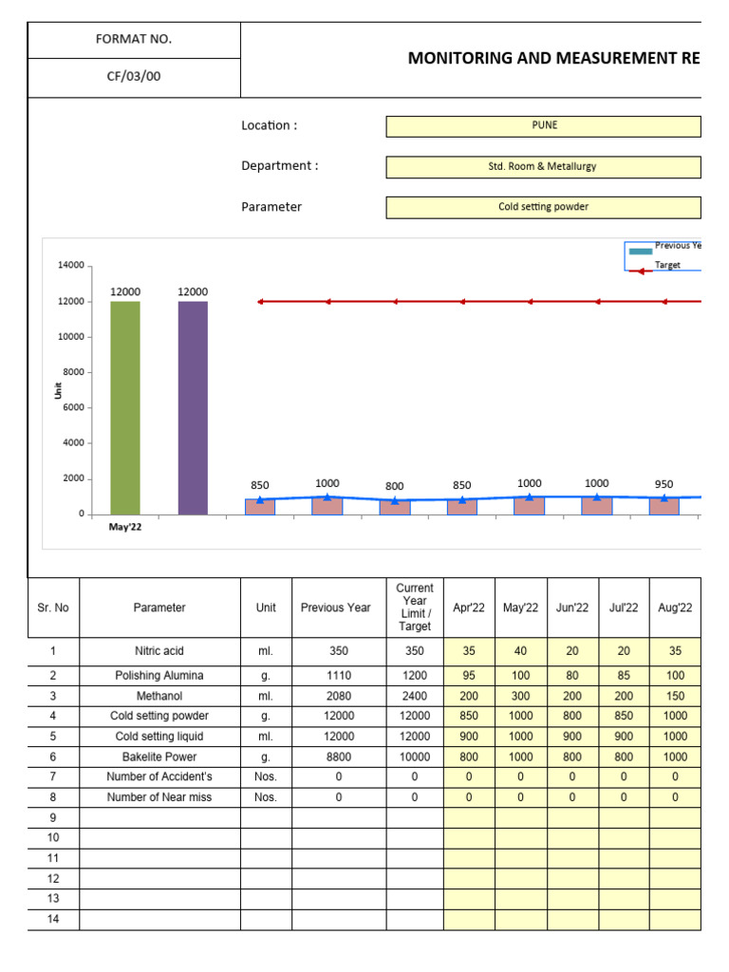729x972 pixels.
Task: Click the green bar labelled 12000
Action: pos(125,408)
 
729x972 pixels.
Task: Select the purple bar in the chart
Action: pos(193,408)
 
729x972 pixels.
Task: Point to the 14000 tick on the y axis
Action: pos(71,266)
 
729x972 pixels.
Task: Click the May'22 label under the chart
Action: pos(125,527)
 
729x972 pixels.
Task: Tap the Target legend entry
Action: pos(667,265)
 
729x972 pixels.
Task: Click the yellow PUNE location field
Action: pos(544,125)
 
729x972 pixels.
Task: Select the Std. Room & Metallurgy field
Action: pos(544,166)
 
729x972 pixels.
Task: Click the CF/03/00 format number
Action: pos(134,77)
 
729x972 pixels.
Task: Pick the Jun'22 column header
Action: pos(572,607)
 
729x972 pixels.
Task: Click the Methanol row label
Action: pos(159,696)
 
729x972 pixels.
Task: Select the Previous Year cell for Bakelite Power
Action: pos(339,757)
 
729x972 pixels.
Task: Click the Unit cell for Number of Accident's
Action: pos(266,777)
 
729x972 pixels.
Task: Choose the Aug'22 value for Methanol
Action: pos(675,696)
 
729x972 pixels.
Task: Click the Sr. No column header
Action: pos(53,607)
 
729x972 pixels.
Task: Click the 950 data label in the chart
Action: pos(664,484)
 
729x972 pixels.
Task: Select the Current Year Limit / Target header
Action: pos(415,607)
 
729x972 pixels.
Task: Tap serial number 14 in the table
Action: pos(53,919)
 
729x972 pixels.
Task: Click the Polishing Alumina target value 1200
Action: pos(415,676)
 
